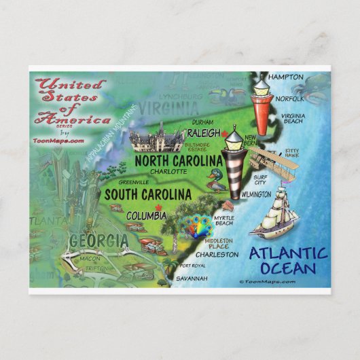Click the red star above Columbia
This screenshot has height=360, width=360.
[158, 207]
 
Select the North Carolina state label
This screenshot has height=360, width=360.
[179, 160]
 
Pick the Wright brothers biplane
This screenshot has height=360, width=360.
[268, 160]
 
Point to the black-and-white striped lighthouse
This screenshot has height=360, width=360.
[234, 163]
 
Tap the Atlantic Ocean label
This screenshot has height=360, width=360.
[287, 261]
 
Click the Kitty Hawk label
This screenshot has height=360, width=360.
[291, 152]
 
